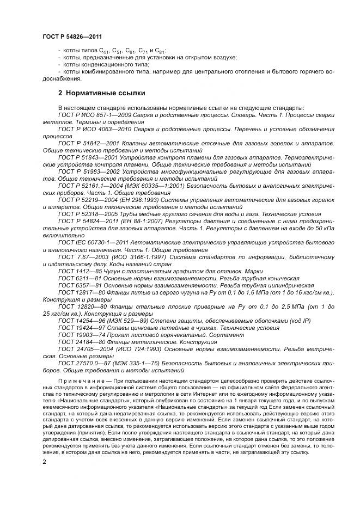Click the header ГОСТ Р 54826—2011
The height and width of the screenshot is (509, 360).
(x=71, y=36)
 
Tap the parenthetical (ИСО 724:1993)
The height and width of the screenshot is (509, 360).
(x=140, y=349)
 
